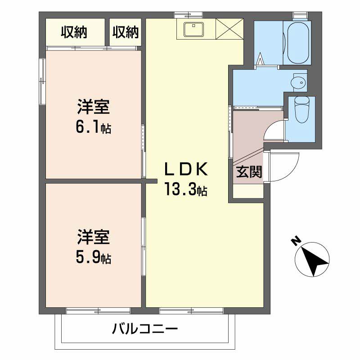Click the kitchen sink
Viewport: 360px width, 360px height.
pyautogui.click(x=194, y=29)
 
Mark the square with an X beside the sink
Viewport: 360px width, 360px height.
pyautogui.click(x=229, y=30)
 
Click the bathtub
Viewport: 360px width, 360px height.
pyautogui.click(x=297, y=43)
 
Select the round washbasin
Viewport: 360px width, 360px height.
pyautogui.click(x=298, y=82)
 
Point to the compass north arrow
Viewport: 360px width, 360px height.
pyautogui.click(x=312, y=259)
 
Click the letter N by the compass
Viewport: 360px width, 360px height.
pyautogui.click(x=295, y=242)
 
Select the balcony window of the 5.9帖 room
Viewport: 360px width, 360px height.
pyautogui.click(x=98, y=310)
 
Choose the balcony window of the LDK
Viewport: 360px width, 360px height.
pyautogui.click(x=191, y=310)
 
